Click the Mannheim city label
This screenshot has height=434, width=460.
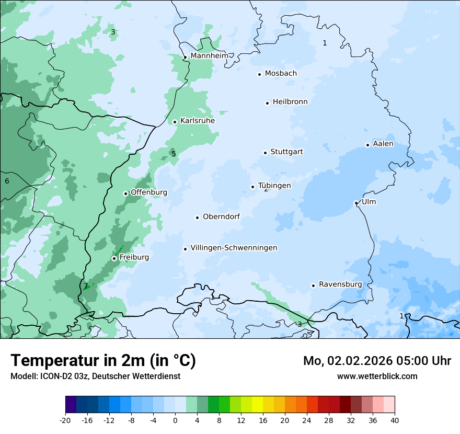pyautogui.click(x=209, y=55)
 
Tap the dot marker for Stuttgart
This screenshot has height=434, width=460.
pyautogui.click(x=266, y=153)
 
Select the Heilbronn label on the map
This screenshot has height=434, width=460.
pyautogui.click(x=290, y=101)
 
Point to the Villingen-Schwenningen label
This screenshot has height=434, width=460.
pyautogui.click(x=234, y=247)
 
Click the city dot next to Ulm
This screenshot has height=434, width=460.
pyautogui.click(x=356, y=203)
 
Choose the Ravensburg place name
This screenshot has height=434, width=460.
pyautogui.click(x=340, y=284)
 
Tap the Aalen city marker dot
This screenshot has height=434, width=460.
pyautogui.click(x=367, y=145)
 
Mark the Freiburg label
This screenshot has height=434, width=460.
pyautogui.click(x=134, y=257)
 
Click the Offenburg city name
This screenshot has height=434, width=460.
pyautogui.click(x=149, y=192)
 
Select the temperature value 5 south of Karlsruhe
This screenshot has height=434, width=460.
pyautogui.click(x=174, y=154)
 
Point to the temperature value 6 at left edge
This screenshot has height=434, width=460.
pyautogui.click(x=7, y=181)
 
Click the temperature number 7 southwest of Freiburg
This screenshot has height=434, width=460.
pyautogui.click(x=86, y=286)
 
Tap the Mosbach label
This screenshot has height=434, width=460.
pyautogui.click(x=281, y=73)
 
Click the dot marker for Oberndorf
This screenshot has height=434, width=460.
pyautogui.click(x=197, y=218)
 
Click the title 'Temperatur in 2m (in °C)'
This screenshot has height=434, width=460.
pyautogui.click(x=103, y=360)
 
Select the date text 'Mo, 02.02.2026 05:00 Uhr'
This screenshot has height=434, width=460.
pyautogui.click(x=377, y=361)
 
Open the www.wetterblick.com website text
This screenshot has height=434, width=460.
pyautogui.click(x=377, y=376)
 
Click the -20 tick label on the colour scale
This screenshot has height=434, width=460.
pyautogui.click(x=65, y=420)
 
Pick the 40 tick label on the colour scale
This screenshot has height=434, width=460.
pyautogui.click(x=394, y=420)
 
